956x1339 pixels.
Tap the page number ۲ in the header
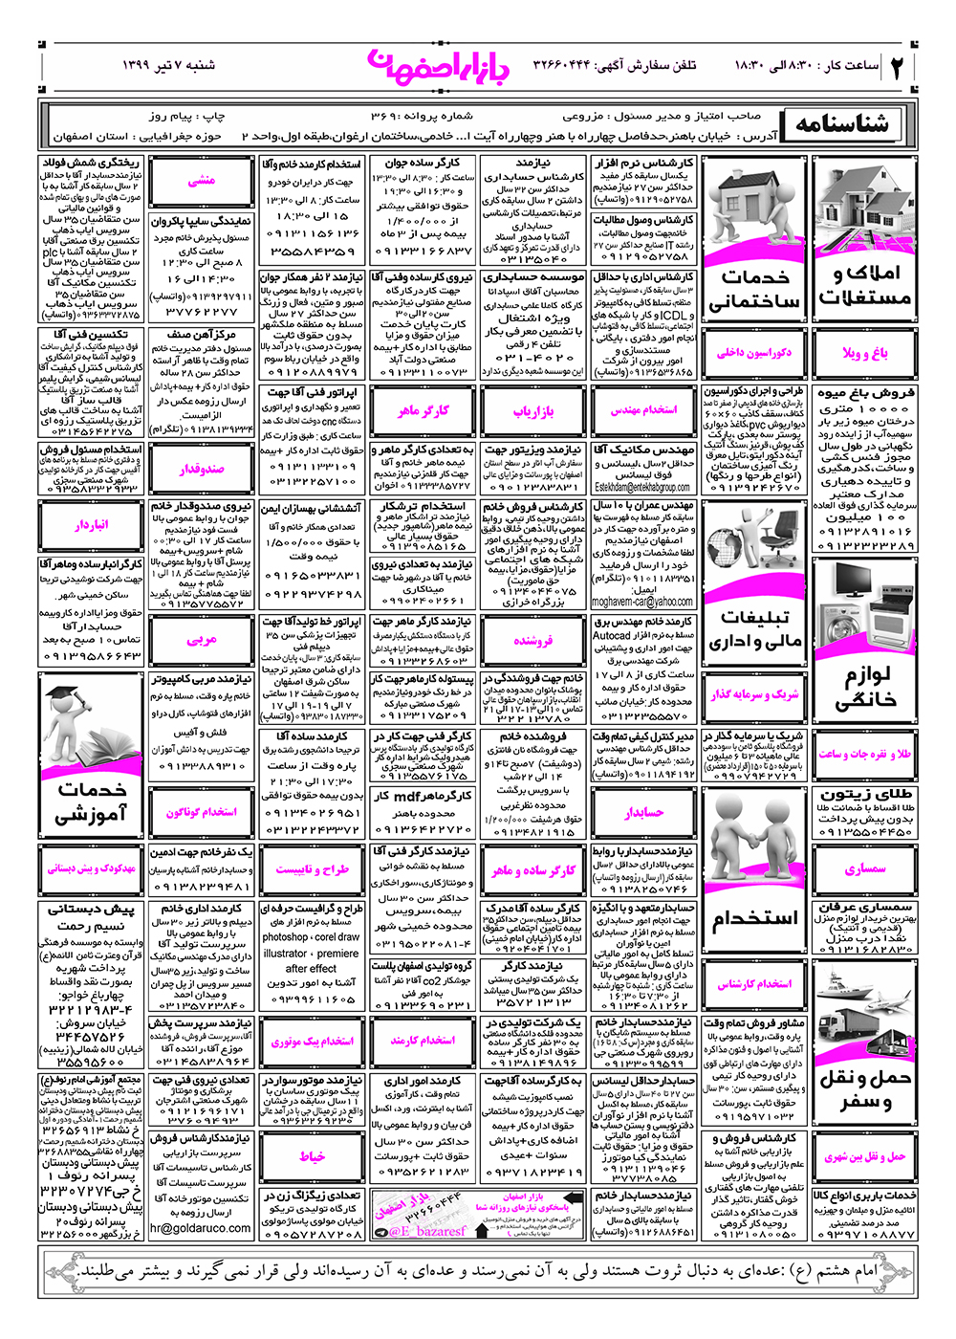tap(897, 67)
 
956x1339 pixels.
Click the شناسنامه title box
tap(841, 123)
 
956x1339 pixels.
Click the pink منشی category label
tap(202, 181)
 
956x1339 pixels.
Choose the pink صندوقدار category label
tap(202, 469)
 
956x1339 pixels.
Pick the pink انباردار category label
tap(92, 525)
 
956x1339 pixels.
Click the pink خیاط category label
tap(312, 1156)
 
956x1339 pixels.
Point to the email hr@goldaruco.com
tap(201, 1228)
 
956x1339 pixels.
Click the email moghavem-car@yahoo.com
tap(642, 602)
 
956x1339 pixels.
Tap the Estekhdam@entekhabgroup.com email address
tap(642, 488)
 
